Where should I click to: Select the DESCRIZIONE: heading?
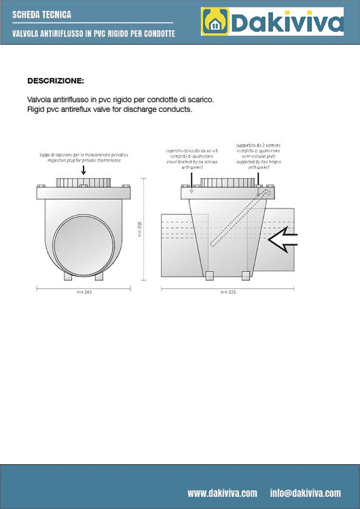point(56,80)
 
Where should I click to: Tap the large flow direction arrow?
point(283,239)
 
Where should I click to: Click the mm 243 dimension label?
point(84,293)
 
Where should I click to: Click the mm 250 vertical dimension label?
point(139,229)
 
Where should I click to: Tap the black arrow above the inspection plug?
point(83,168)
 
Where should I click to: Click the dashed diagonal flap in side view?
point(234,218)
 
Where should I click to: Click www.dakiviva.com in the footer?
point(222,493)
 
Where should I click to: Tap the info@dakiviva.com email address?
point(305,493)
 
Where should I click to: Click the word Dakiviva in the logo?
point(287,22)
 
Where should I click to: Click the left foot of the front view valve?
point(67,276)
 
